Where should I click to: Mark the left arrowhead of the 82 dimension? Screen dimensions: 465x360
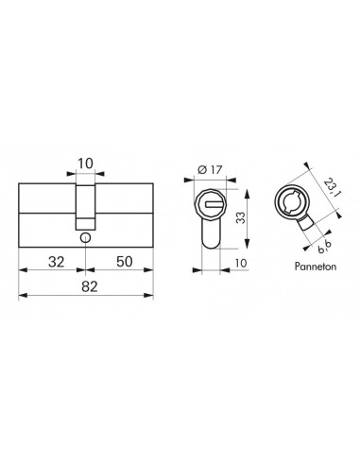(22, 296)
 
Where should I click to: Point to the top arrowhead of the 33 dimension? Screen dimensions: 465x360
(226, 185)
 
